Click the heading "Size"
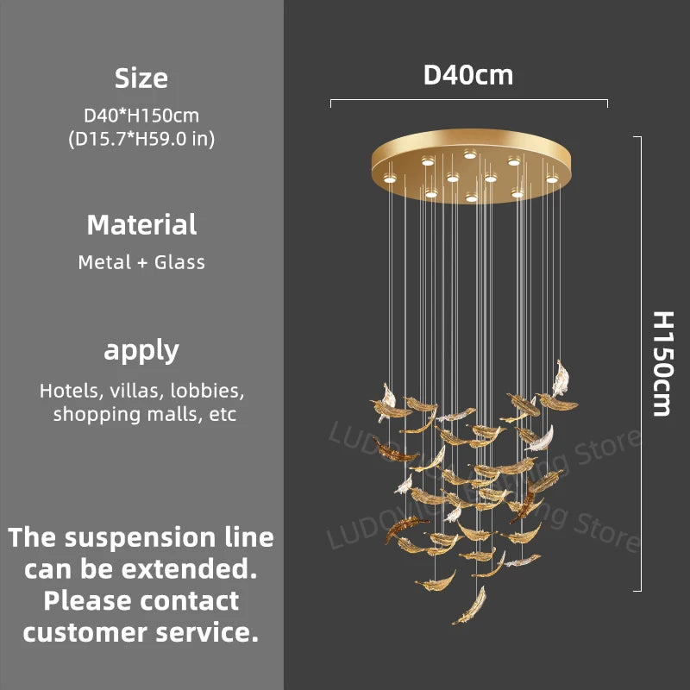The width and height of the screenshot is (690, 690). [x=141, y=78]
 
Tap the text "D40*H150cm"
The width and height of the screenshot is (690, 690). [x=141, y=115]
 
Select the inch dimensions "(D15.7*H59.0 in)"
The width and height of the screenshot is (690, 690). [x=141, y=138]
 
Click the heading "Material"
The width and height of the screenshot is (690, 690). [x=141, y=225]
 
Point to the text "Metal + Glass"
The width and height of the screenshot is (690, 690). [x=141, y=262]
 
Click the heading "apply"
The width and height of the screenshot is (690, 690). [x=141, y=350]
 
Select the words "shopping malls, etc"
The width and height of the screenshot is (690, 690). [x=144, y=414]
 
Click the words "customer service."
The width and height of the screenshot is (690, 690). [x=141, y=631]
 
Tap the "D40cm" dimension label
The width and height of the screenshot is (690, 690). [x=468, y=75]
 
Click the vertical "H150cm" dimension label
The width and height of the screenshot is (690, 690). [x=661, y=363]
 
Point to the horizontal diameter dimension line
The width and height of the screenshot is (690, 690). [x=468, y=103]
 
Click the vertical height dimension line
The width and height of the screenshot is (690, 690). [x=639, y=363]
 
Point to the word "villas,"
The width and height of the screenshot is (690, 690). [x=138, y=391]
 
